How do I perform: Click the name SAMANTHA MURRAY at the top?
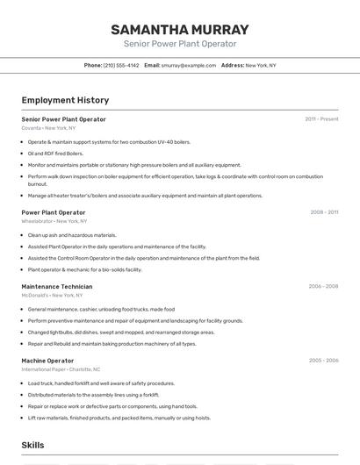pos(180,29)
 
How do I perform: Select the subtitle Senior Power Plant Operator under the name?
pos(180,44)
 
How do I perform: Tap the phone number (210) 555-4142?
pos(121,65)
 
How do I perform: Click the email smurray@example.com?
pos(189,65)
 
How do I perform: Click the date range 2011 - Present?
pos(321,119)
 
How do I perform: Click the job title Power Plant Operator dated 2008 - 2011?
pos(54,212)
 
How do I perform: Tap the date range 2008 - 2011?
pos(323,212)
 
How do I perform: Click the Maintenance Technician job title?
pos(57,287)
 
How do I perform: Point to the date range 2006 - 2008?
pos(323,287)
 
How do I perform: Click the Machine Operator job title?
pos(47,361)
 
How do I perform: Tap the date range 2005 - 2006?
pos(323,361)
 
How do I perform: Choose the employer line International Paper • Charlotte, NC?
pos(61,369)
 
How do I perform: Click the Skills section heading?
pos(32,446)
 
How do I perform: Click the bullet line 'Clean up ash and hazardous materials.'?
pos(72,235)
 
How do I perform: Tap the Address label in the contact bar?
pos(233,65)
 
